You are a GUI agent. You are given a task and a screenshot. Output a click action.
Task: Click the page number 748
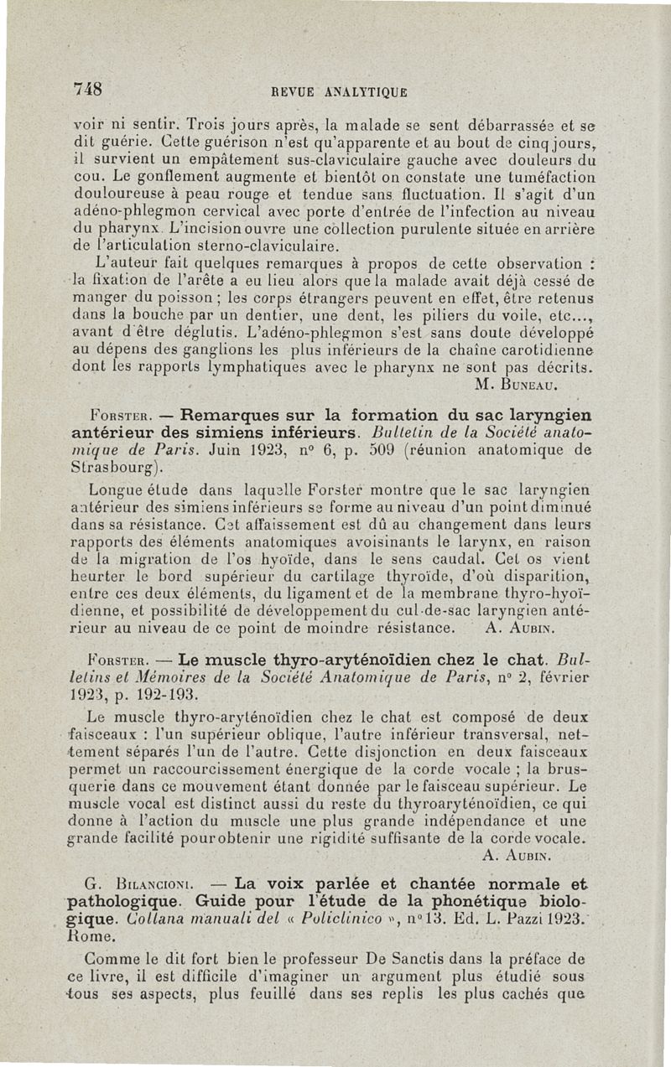click(x=88, y=89)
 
